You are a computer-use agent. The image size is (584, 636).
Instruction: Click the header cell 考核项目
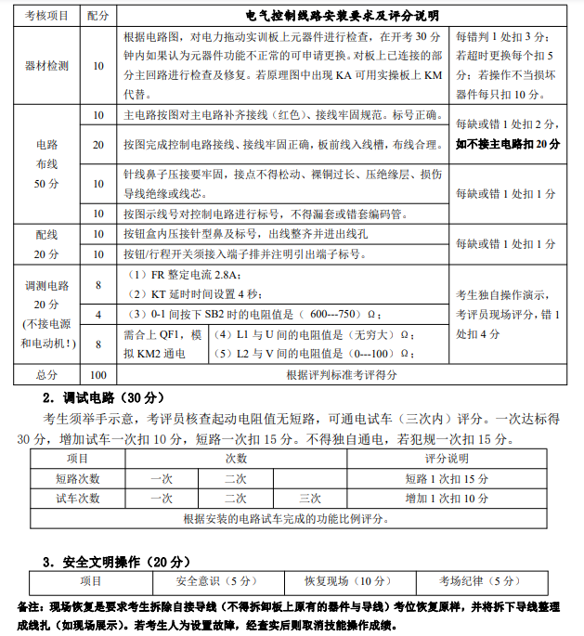pyautogui.click(x=45, y=17)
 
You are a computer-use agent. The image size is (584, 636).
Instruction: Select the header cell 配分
pyautogui.click(x=97, y=17)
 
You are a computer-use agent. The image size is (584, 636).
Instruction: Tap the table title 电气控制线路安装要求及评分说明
pyautogui.click(x=343, y=17)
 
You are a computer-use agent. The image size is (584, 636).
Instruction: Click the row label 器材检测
pyautogui.click(x=45, y=66)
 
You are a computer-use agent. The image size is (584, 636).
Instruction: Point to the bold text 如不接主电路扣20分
pyautogui.click(x=507, y=145)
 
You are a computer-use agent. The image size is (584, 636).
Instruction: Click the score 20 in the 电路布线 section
pyautogui.click(x=98, y=146)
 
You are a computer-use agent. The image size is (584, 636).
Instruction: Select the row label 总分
pyautogui.click(x=45, y=374)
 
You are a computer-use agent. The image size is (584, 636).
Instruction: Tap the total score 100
pyautogui.click(x=98, y=374)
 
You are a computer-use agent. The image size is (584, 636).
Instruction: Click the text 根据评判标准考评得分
pyautogui.click(x=343, y=374)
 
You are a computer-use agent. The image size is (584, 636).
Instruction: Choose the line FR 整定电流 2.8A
pyautogui.click(x=183, y=276)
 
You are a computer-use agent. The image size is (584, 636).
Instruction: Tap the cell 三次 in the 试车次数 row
pyautogui.click(x=310, y=498)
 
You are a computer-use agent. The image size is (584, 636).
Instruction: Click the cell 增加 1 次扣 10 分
pyautogui.click(x=447, y=498)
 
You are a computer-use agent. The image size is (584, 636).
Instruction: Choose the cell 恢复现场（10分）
pyautogui.click(x=348, y=581)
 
